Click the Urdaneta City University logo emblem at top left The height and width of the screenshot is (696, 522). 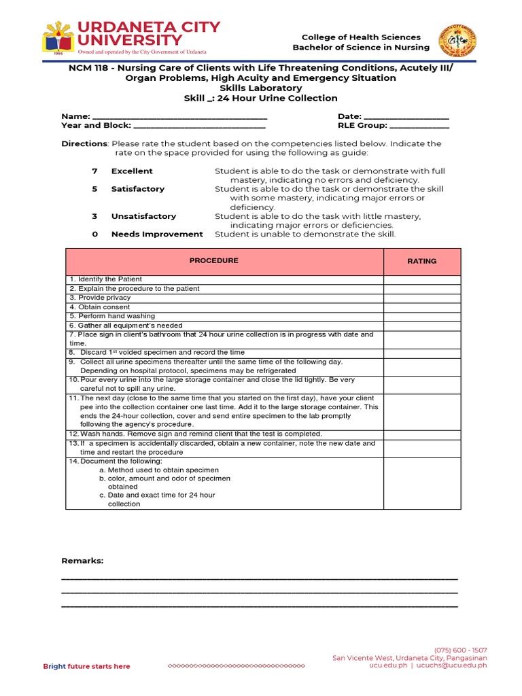58,38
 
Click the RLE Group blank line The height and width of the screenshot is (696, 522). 419,126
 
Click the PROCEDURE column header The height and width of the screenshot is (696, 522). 213,261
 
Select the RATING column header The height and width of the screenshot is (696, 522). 421,261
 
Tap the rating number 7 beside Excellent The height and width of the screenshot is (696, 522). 94,171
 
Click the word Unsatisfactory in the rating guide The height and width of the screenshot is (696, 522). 143,216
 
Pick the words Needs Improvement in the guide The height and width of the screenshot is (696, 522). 157,234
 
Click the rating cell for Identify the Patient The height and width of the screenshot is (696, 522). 421,280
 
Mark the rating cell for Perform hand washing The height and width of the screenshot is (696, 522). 421,317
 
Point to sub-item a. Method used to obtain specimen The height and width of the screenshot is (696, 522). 158,470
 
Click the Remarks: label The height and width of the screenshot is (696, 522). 82,561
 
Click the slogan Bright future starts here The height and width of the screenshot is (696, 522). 86,666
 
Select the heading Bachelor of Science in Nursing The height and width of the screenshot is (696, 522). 361,48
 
